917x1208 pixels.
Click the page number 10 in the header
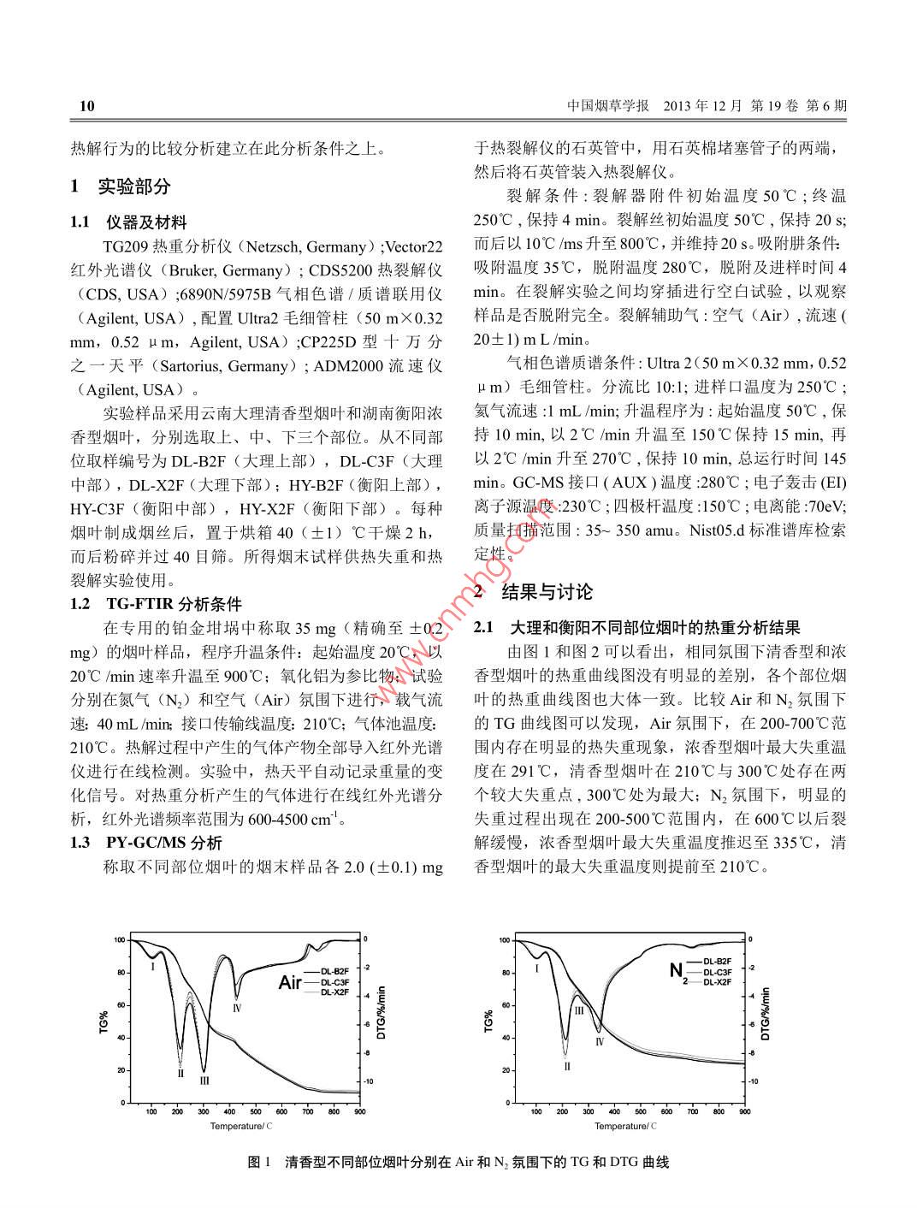tap(86, 106)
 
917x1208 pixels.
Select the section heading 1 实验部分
tap(121, 186)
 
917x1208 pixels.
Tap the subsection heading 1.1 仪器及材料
tap(128, 222)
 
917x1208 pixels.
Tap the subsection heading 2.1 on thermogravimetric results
tap(636, 628)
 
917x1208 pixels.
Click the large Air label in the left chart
tap(290, 982)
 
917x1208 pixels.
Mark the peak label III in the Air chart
tap(204, 1081)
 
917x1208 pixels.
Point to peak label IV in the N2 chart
tap(600, 1041)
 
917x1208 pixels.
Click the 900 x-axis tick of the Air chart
tap(359, 1111)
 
